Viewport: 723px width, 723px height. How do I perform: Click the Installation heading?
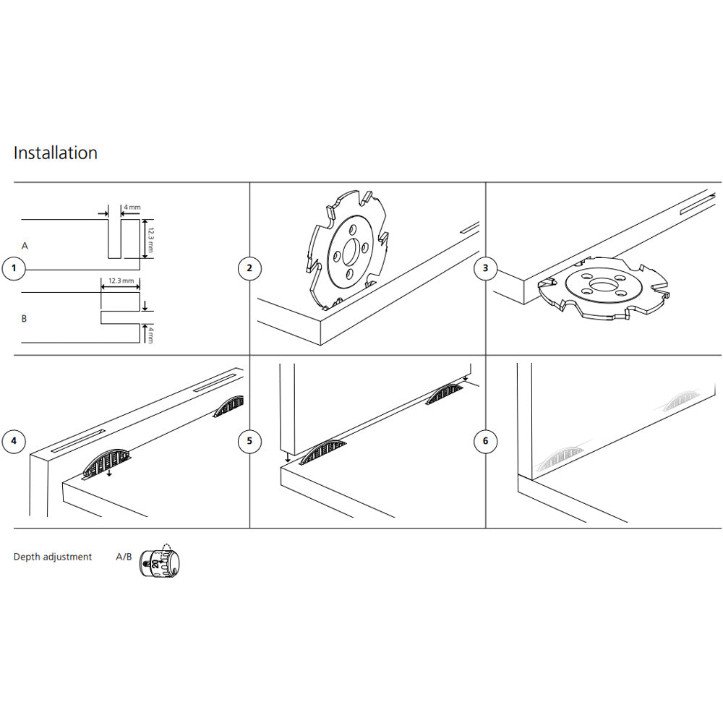tap(56, 153)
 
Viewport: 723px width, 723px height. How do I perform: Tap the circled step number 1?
tap(13, 269)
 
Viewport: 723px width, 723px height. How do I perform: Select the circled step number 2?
tap(249, 269)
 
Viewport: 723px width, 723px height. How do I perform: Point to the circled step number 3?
tap(485, 269)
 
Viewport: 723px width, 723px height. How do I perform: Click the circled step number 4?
tap(13, 441)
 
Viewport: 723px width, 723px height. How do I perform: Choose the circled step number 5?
tap(249, 441)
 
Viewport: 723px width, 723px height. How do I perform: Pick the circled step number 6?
tap(485, 441)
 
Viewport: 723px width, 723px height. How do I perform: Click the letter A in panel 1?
tap(25, 247)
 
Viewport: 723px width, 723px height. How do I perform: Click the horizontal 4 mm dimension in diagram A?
tap(132, 208)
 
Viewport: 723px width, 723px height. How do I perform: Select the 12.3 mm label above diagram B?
tap(121, 280)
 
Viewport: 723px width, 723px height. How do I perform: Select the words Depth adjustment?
tap(53, 557)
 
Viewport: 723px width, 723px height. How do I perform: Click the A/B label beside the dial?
tap(124, 557)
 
